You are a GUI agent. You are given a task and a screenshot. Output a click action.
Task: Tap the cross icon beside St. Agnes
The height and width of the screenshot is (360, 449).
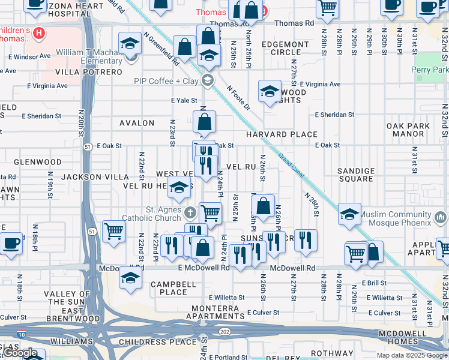pos(190,212)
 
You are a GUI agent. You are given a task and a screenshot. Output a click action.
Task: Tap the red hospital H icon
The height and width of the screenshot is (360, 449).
pos(39,32)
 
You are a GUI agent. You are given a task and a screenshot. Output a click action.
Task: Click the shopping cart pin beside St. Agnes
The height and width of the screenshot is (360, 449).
pos(210,213)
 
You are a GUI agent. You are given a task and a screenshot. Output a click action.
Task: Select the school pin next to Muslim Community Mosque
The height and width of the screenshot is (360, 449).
pos(349,214)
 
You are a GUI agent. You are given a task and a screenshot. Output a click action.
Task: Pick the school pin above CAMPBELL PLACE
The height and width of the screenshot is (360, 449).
pos(130,278)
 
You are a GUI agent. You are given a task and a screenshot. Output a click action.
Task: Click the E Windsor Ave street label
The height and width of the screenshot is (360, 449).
pos(29,56)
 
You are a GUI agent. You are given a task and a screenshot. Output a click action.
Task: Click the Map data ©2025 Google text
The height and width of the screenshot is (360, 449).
pos(411,355)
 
